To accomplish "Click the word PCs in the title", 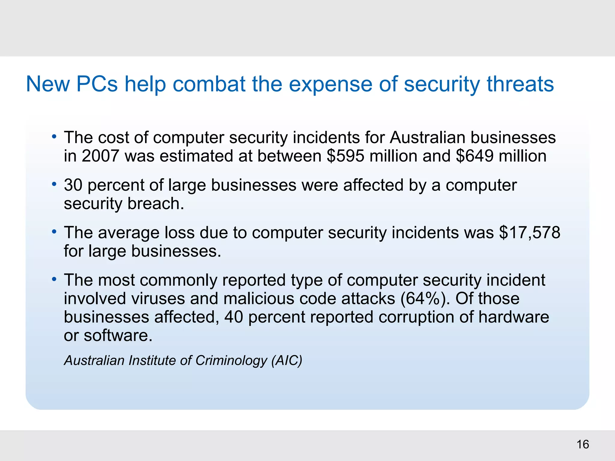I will (x=97, y=84).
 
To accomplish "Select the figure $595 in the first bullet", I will (x=345, y=156).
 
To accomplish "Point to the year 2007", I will (x=100, y=156).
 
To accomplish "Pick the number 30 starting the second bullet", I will (x=73, y=185).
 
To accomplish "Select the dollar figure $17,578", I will (x=530, y=233).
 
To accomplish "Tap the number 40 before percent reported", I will (x=233, y=317).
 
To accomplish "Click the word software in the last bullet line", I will (x=118, y=336).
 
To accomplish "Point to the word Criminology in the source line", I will (x=231, y=360).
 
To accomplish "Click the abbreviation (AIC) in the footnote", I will (x=287, y=360).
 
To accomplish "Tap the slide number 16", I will (x=583, y=444).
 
